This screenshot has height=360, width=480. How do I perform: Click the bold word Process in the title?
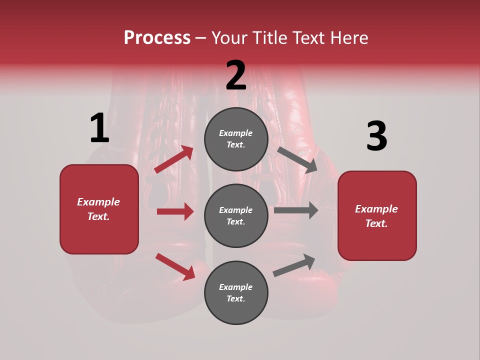click(x=157, y=38)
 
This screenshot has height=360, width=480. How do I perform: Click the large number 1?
click(x=99, y=128)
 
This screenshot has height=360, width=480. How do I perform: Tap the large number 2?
click(x=236, y=75)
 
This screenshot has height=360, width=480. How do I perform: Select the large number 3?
click(x=376, y=136)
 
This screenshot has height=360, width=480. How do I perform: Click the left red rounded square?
click(x=99, y=209)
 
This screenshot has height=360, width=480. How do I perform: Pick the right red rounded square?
click(x=377, y=216)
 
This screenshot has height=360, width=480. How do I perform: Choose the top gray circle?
click(x=236, y=139)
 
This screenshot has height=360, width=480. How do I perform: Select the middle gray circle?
click(x=236, y=215)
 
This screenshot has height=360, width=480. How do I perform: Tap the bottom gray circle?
click(x=236, y=292)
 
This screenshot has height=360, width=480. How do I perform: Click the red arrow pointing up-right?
click(x=174, y=159)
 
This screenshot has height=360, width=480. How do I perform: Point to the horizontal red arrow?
click(x=175, y=211)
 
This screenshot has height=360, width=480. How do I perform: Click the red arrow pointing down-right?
click(x=175, y=266)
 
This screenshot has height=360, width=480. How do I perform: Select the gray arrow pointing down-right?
click(x=297, y=159)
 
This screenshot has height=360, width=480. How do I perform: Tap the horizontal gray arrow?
click(x=295, y=210)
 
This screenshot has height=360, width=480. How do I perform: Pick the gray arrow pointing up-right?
click(x=294, y=265)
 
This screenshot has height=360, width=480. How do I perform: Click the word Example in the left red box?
click(x=98, y=202)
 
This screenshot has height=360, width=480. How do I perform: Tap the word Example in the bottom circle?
click(x=236, y=287)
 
